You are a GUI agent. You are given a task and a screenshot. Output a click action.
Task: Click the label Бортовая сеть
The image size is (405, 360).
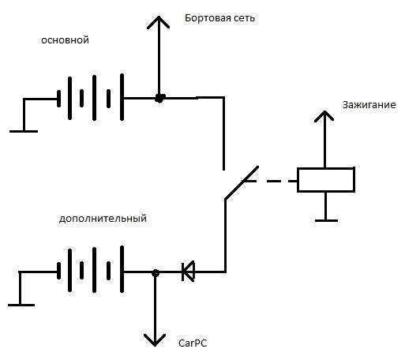point(219,18)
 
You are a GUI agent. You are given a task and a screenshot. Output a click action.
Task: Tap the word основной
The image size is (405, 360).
point(65,40)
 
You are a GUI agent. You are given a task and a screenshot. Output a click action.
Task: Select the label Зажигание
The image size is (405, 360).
point(369,105)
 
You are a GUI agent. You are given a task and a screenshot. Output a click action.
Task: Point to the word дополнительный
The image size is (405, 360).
point(103,219)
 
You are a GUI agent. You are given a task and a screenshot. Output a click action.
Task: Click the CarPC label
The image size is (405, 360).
point(193,343)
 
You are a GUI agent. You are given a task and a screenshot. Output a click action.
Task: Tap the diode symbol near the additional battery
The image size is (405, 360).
point(189,272)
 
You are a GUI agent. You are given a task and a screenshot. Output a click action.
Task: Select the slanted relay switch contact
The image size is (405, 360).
point(242,182)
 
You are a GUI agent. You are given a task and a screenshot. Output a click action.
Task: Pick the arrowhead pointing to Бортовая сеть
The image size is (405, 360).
point(159,21)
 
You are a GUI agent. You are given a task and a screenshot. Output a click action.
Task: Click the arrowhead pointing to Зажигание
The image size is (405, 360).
point(324,115)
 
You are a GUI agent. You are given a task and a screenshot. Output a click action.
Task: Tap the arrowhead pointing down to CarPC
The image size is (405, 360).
point(155,340)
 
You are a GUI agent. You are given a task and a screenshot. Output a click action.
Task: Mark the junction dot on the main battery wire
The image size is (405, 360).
point(159,98)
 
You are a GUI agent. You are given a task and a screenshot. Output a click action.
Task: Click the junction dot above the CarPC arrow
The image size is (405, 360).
point(156,273)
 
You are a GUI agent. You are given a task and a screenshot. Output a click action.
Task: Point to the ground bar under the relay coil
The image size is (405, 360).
point(326,220)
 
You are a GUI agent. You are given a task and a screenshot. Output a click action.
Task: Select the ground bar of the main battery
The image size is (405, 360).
point(24,131)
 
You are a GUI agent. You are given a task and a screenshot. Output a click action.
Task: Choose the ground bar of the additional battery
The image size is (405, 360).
point(21,305)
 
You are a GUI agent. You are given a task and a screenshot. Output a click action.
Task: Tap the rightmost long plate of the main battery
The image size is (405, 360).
point(122,97)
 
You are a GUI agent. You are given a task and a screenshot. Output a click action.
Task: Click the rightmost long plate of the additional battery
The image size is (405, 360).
point(122,269)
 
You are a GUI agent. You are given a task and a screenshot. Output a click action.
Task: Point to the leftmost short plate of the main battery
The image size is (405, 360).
point(58,99)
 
